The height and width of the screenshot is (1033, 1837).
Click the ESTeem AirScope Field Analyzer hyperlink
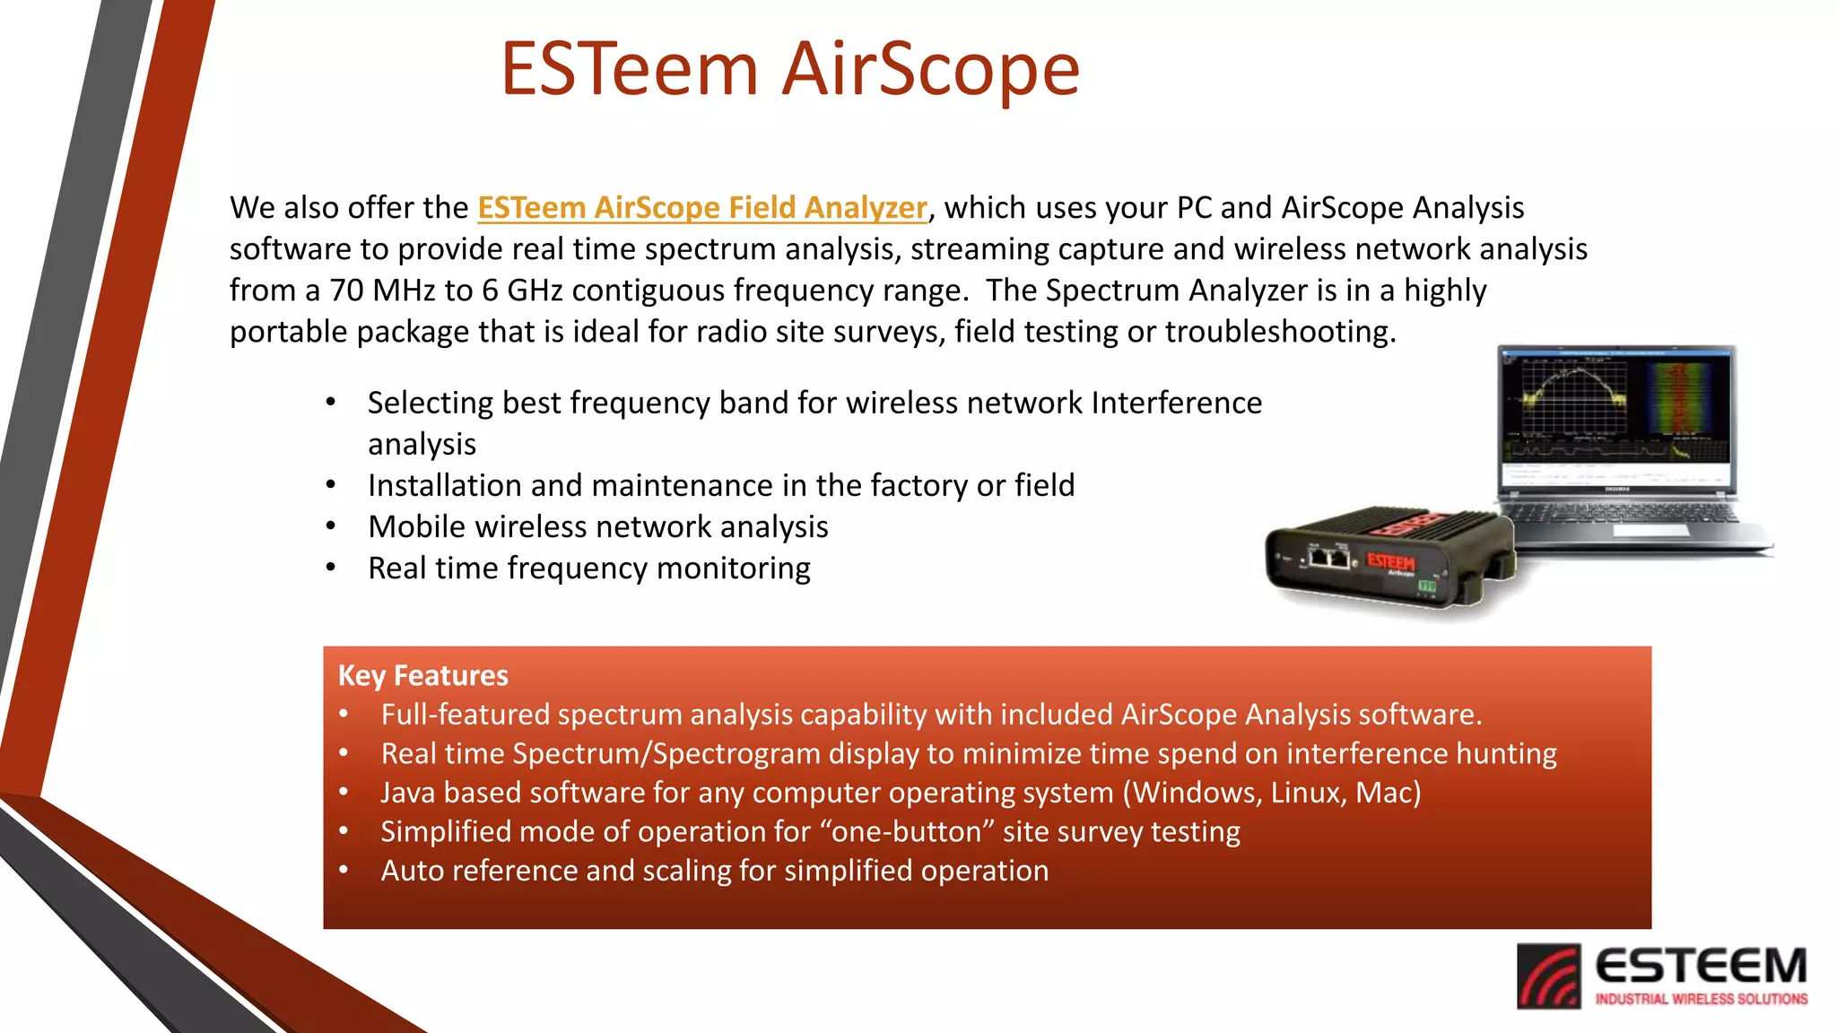(701, 208)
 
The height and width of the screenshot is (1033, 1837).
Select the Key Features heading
(422, 675)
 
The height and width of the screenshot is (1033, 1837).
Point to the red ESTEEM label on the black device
(1390, 562)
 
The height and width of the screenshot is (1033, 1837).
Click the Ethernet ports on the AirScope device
(1328, 558)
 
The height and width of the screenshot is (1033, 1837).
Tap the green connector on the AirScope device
(1426, 586)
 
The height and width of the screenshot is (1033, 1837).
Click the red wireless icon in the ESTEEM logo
(1548, 977)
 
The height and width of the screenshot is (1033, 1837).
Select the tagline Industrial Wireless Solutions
(1701, 999)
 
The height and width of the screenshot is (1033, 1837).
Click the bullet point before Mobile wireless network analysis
(331, 526)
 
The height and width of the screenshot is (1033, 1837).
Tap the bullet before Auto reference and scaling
(344, 871)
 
